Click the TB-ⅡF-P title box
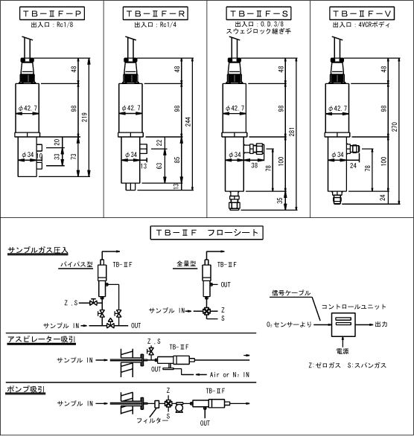click(x=52, y=13)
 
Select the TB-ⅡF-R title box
click(x=155, y=13)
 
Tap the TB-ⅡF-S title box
click(x=258, y=13)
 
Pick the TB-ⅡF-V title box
click(x=362, y=13)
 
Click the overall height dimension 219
click(x=85, y=117)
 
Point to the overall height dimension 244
click(x=188, y=122)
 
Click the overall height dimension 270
click(x=395, y=126)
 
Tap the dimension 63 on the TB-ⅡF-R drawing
click(x=159, y=166)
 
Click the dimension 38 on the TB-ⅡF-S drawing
click(x=255, y=165)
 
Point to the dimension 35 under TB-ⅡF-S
click(x=280, y=200)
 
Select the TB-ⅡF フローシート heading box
click(x=207, y=233)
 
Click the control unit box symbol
click(x=343, y=324)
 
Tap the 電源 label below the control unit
click(x=343, y=351)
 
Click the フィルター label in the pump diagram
click(x=152, y=420)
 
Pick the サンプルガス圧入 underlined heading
click(x=38, y=251)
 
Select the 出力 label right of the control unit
click(x=381, y=324)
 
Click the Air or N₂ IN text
click(x=229, y=374)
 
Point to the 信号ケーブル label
click(x=290, y=293)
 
